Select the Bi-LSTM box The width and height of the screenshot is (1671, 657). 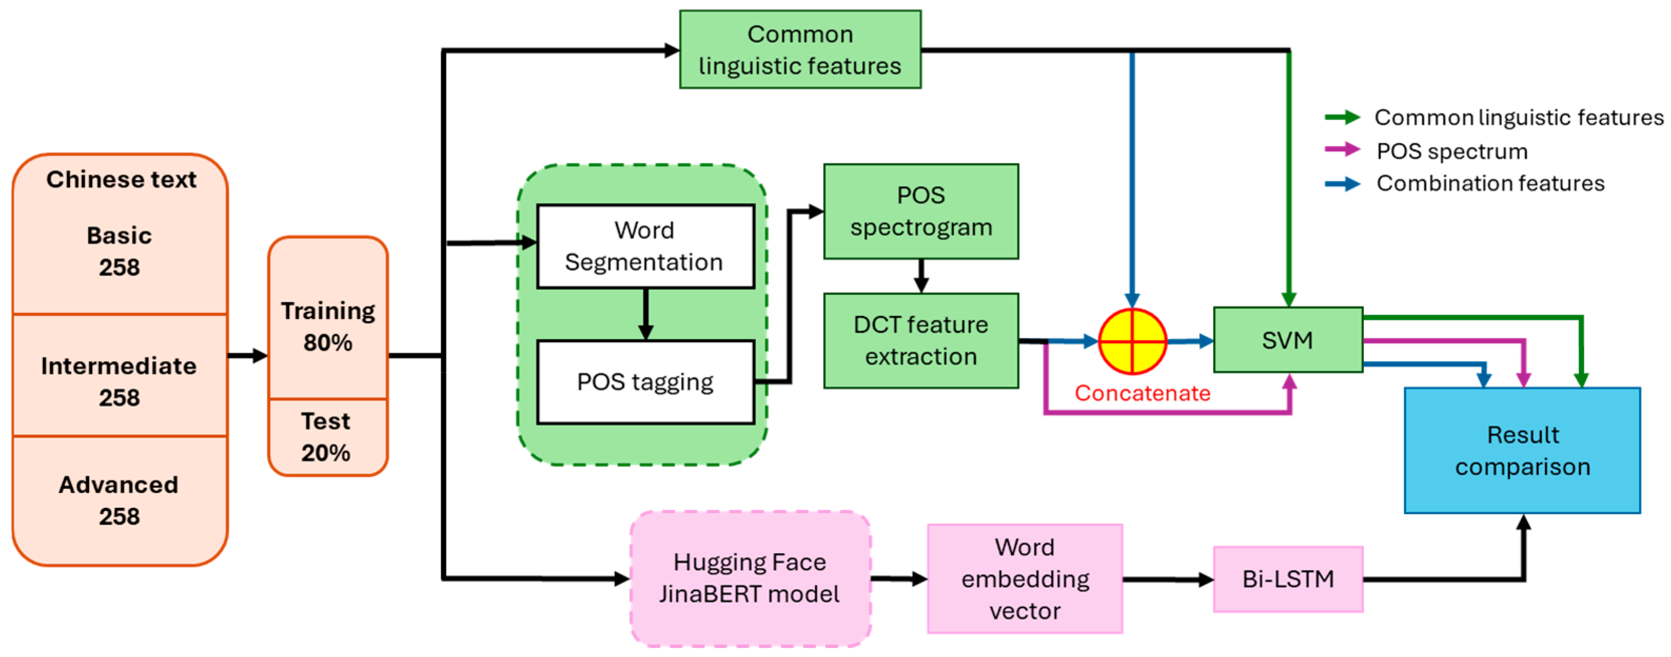[x=1288, y=578]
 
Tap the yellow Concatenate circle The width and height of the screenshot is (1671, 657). [x=1132, y=341]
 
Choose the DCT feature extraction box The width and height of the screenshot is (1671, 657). [x=921, y=341]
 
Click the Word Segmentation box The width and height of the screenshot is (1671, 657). [x=645, y=247]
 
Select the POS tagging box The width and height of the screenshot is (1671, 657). [x=645, y=383]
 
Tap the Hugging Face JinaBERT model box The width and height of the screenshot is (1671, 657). [x=750, y=578]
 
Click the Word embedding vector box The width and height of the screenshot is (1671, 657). [x=1024, y=578]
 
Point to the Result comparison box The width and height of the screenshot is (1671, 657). [x=1522, y=450]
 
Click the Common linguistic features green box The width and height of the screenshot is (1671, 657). [x=800, y=50]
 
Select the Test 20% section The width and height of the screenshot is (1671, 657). [x=327, y=437]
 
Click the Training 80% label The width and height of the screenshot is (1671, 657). [x=328, y=327]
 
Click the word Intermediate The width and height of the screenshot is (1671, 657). [x=118, y=366]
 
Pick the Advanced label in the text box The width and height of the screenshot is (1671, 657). [x=118, y=485]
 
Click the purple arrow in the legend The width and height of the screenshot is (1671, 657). [x=1341, y=150]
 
